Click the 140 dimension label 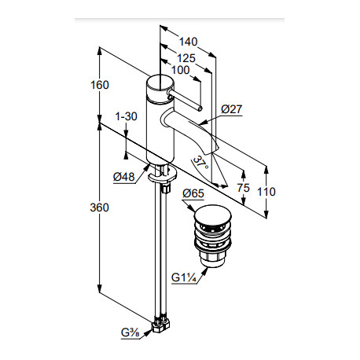point(188,42)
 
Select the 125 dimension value point(186,58)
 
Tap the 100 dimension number point(180,70)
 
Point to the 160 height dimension point(100,85)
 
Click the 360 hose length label point(99,208)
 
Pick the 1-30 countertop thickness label point(126,116)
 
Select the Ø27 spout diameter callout point(231,109)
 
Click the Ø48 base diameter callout point(123,177)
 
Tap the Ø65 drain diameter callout point(193,193)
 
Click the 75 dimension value point(243,188)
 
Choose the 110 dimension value point(266,192)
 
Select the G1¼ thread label point(184,277)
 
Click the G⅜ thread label point(130,333)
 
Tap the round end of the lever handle point(200,108)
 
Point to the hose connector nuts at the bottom point(160,325)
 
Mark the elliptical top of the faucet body point(160,83)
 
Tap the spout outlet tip point(212,151)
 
